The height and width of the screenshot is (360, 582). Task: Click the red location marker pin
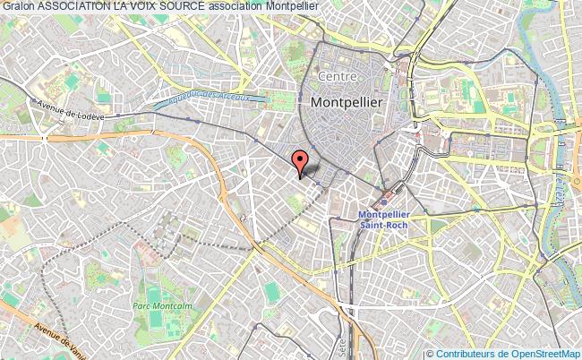pyautogui.click(x=302, y=161)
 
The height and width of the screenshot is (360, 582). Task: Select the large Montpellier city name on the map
pyautogui.click(x=347, y=104)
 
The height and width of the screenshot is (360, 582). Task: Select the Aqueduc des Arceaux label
pyautogui.click(x=209, y=98)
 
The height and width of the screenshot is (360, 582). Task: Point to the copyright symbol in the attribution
pyautogui.click(x=430, y=354)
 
